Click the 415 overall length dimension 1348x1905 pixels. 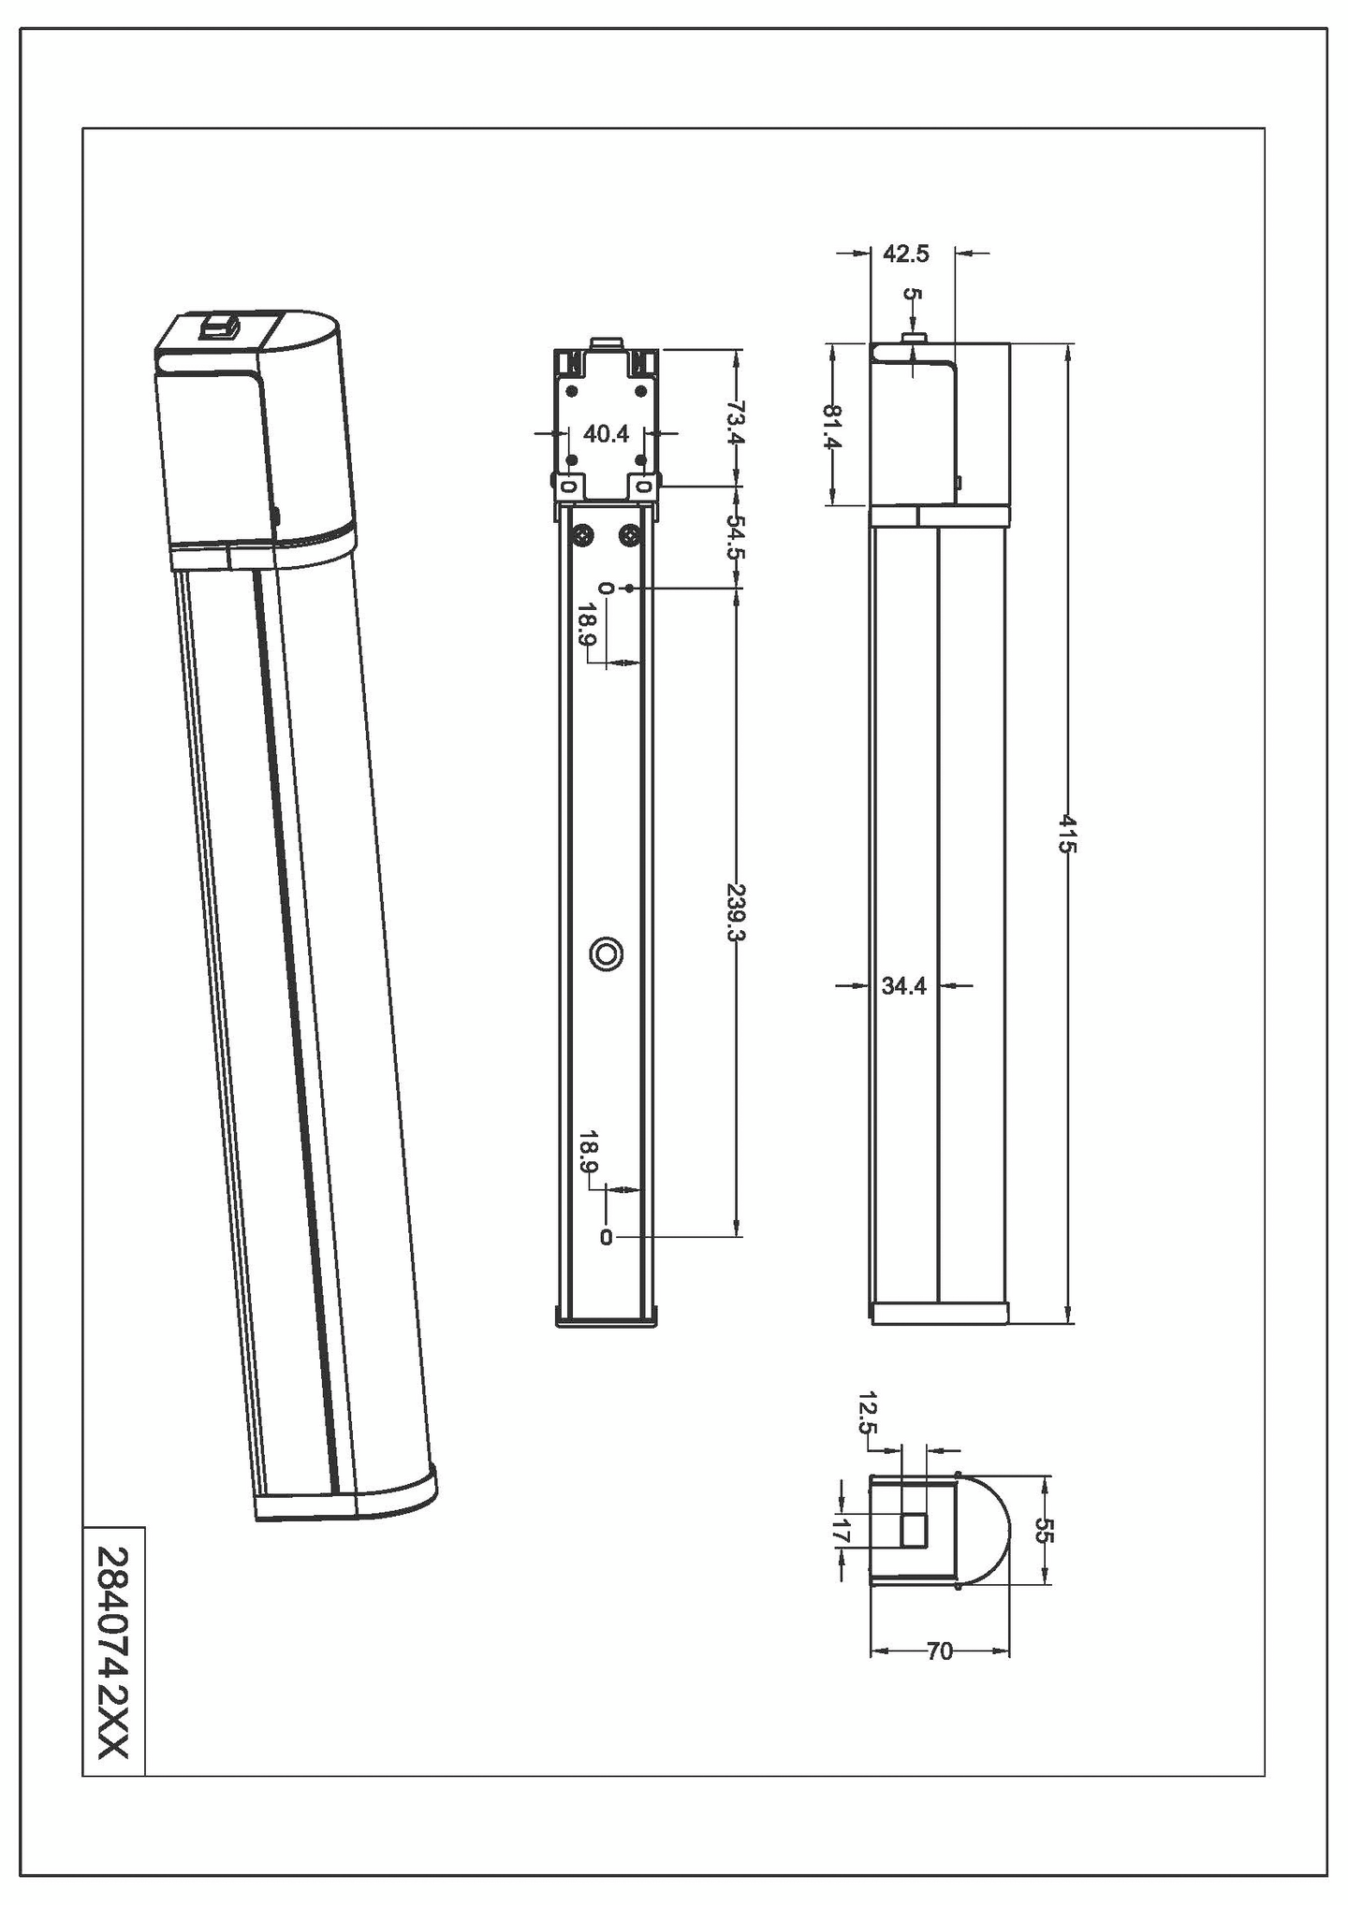point(1068,834)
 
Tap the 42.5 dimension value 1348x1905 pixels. point(905,254)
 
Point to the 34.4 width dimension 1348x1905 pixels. point(903,985)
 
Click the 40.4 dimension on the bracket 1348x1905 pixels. point(606,434)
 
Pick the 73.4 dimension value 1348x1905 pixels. point(736,423)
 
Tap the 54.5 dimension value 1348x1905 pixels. point(736,537)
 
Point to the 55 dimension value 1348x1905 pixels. point(1045,1531)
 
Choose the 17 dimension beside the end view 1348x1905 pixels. point(840,1533)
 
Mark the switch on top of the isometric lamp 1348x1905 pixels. point(220,327)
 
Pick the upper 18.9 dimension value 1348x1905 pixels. point(587,625)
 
